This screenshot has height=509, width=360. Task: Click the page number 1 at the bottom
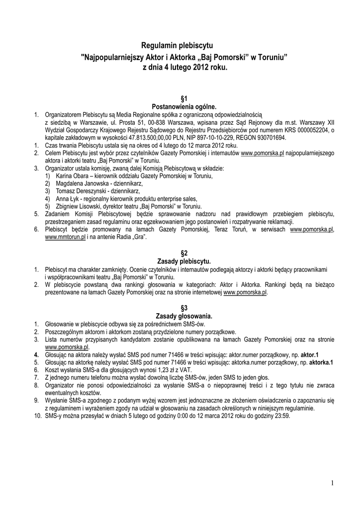pyautogui.click(x=331, y=483)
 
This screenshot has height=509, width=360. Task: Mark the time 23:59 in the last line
pyautogui.click(x=282, y=416)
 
